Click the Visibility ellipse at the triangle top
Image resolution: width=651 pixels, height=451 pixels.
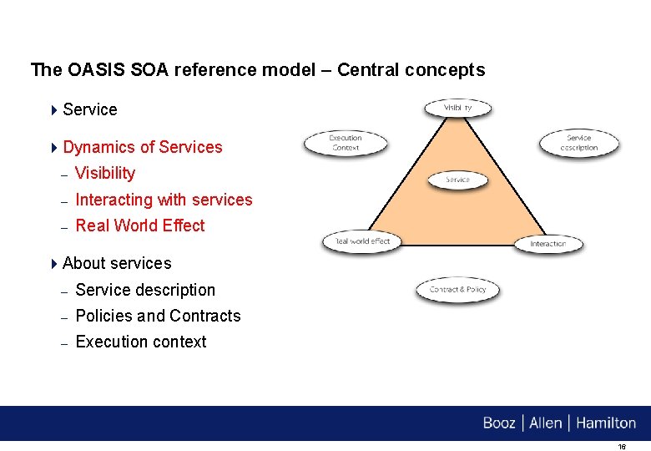coord(458,108)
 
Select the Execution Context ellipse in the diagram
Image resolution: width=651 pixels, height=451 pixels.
coord(345,143)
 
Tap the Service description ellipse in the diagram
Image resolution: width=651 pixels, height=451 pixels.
coord(579,142)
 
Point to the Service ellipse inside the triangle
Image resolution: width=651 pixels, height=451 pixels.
coord(458,180)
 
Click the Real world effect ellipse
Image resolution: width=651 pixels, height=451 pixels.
coord(362,241)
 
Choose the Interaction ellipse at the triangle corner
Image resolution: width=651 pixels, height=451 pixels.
coord(548,244)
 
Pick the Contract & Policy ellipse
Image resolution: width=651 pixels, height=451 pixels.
coord(457,290)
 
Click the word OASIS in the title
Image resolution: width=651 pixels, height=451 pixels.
coord(91,69)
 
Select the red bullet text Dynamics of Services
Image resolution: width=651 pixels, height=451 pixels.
coord(143,147)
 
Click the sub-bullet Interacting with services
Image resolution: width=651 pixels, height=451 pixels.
coord(164,200)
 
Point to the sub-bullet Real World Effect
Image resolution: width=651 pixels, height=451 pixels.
coord(140,225)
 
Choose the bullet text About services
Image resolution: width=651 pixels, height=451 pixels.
coord(117,263)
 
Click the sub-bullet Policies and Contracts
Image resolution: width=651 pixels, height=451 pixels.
coord(158,316)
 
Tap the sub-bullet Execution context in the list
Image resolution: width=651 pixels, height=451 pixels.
coord(141,342)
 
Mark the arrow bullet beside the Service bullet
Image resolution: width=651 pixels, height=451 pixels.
coord(54,109)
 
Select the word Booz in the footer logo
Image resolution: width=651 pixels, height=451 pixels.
coord(499,423)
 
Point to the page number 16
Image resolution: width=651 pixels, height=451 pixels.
coord(622,447)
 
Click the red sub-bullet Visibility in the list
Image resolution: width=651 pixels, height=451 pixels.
coord(105,173)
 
